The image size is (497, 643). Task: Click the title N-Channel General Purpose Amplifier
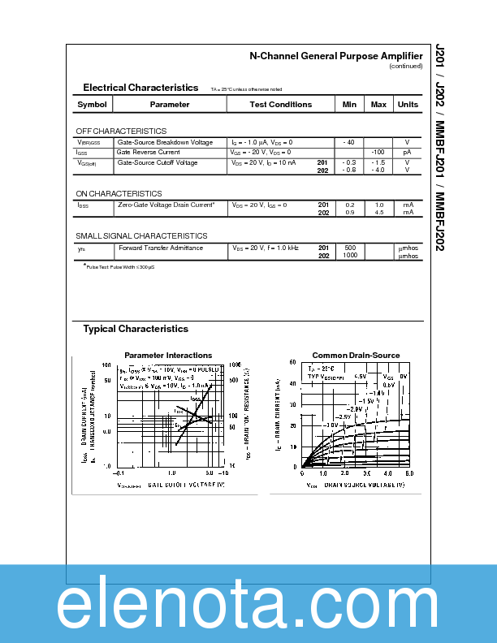tap(335, 56)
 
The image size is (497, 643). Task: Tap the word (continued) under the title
tap(405, 66)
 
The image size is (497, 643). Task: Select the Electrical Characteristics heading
tap(140, 88)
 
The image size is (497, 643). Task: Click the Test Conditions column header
tap(281, 105)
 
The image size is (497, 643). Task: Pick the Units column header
tap(408, 105)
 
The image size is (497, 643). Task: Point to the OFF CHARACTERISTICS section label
tap(121, 131)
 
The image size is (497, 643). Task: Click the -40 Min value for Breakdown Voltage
tap(349, 142)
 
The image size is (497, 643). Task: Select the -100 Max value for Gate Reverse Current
tap(378, 152)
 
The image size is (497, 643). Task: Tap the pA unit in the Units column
tap(408, 152)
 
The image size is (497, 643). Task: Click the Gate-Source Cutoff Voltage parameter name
tap(158, 162)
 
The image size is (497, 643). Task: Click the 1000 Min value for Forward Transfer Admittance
tap(350, 256)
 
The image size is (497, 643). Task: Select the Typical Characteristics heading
tap(136, 329)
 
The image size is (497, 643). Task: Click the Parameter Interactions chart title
tap(168, 356)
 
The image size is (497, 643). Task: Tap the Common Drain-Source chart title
tap(356, 356)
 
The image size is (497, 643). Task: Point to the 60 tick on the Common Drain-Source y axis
tap(293, 363)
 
